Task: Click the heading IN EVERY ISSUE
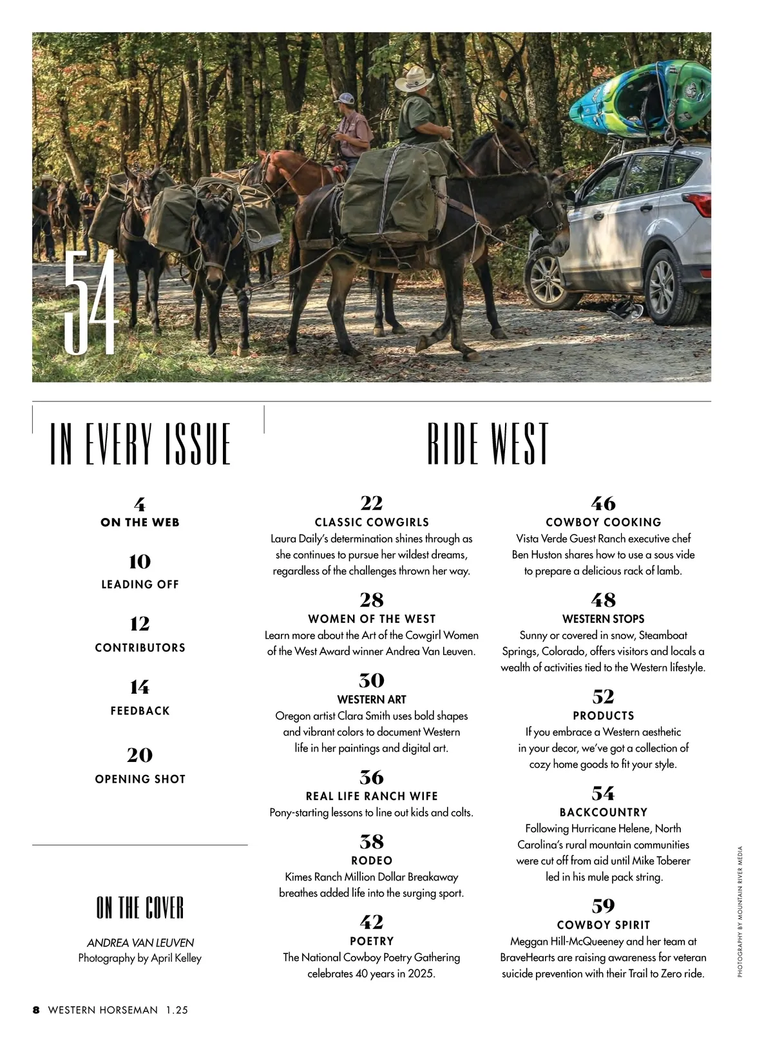[140, 444]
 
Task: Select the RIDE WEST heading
[488, 444]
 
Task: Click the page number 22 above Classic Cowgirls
[372, 503]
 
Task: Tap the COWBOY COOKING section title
[604, 522]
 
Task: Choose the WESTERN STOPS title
[604, 619]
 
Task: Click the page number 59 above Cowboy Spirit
[604, 906]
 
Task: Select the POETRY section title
[372, 941]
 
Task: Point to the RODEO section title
[372, 861]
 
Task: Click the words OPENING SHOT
[140, 779]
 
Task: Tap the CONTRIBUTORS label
[140, 648]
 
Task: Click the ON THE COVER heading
[140, 908]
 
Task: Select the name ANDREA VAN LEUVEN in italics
[140, 943]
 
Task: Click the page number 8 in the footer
[37, 1010]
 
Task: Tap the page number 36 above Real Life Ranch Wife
[372, 777]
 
